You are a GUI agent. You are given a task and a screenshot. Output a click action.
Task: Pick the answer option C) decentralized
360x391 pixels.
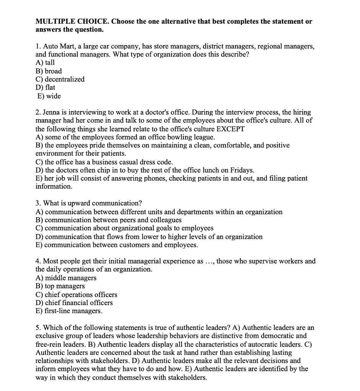pos(60,79)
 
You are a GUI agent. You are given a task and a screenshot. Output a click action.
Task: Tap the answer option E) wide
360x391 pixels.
pos(49,96)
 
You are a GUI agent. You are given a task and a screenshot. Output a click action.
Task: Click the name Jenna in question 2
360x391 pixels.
pos(53,113)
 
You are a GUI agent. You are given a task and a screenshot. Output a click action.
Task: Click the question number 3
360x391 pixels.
pos(38,203)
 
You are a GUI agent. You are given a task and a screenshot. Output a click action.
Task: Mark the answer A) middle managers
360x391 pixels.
pos(66,278)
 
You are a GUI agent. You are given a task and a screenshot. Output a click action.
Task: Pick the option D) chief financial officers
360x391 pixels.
pos(74,303)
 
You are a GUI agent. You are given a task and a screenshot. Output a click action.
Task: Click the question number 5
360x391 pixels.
pos(38,328)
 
